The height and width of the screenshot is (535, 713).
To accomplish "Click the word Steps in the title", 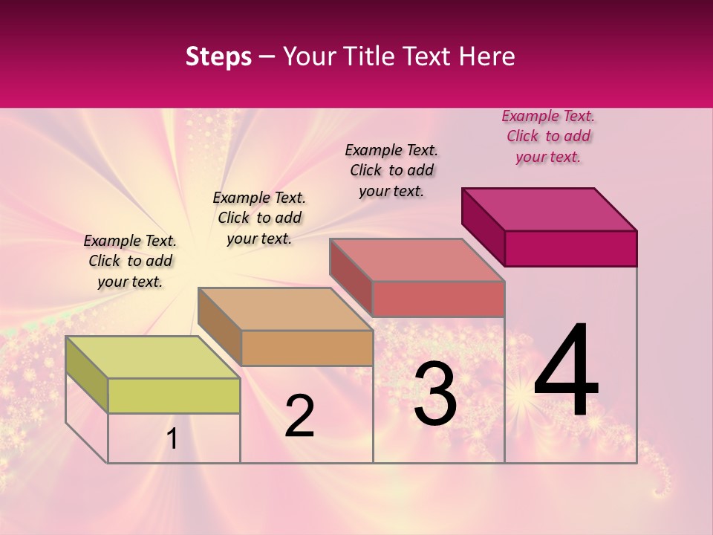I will (218, 56).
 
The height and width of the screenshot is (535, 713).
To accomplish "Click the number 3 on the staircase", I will (435, 395).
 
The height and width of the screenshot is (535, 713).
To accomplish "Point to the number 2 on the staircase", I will (300, 416).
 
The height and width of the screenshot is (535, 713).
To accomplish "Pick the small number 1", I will (172, 439).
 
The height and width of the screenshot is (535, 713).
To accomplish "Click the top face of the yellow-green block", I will (152, 357).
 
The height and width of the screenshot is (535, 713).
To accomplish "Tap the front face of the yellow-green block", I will (174, 395).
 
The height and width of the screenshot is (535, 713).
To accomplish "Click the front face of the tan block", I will (307, 348).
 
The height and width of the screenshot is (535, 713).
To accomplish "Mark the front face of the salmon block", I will (438, 299).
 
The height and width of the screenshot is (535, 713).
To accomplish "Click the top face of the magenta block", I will (550, 210).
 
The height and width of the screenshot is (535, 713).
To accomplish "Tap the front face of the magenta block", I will (570, 248).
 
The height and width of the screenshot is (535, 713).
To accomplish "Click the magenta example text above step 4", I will (548, 137).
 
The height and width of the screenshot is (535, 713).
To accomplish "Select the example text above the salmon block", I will (391, 170).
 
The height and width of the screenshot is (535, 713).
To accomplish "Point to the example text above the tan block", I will (259, 218).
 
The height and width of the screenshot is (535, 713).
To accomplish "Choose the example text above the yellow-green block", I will (130, 261).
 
